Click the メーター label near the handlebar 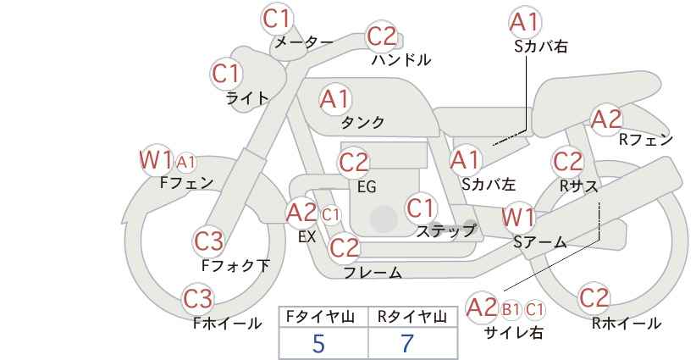point(304,42)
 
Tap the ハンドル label point(401,59)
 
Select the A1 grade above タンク point(335,99)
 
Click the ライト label point(247,98)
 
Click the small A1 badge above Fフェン point(185,163)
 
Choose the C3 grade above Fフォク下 point(208,241)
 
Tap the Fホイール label point(227,324)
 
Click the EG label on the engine point(367,187)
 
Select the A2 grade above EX point(301,213)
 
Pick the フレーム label point(373,272)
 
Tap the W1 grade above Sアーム point(518,218)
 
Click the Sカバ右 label point(541,47)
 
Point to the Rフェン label point(646,140)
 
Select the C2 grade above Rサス point(567,162)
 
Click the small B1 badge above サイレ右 point(511,309)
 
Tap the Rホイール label point(627,324)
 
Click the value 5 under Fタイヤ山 point(318,343)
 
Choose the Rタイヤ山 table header point(412,317)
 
